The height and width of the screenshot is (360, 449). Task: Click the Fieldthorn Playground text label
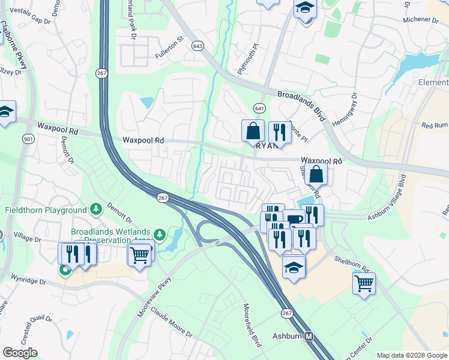click(46, 211)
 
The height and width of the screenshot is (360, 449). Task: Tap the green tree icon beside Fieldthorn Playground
click(95, 209)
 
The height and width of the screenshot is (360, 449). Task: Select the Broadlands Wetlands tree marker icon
click(159, 234)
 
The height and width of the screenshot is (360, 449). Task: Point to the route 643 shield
click(197, 46)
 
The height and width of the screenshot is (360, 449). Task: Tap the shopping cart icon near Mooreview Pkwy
click(140, 255)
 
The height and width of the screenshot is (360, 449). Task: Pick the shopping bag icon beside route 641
click(253, 130)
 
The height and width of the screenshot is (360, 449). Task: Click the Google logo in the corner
click(20, 353)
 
